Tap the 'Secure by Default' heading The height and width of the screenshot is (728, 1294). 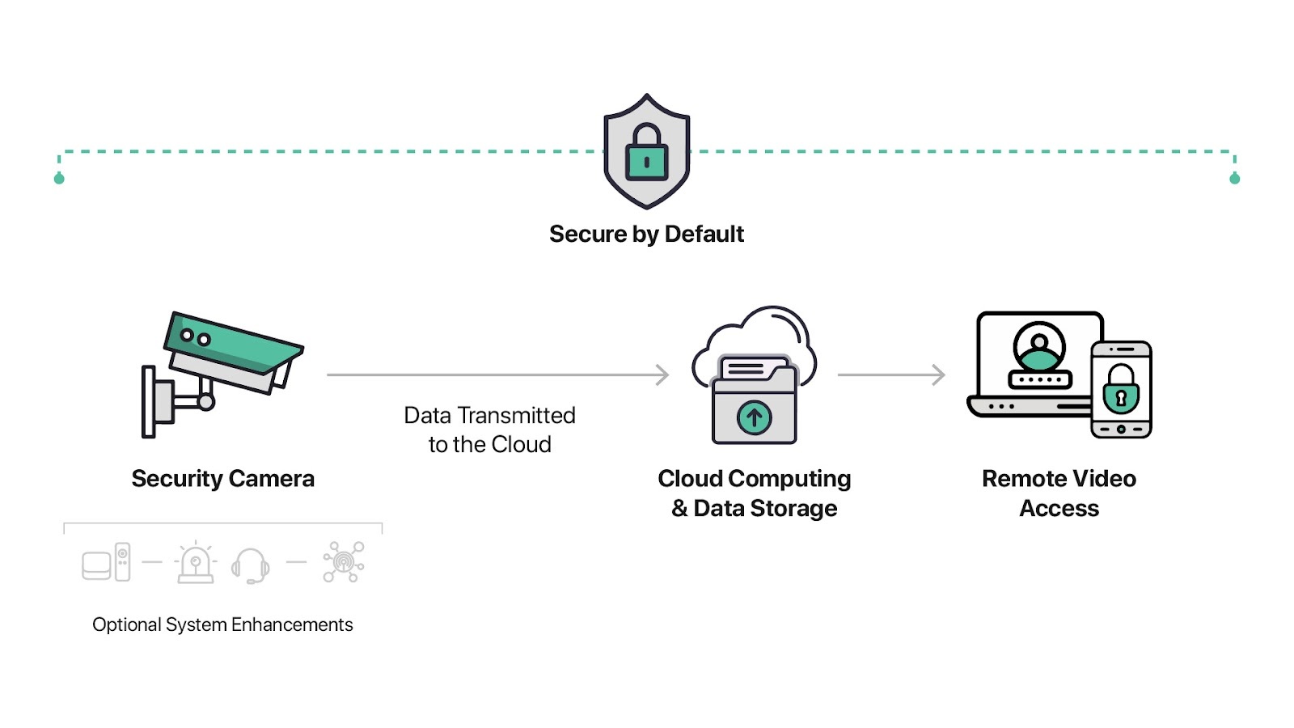pos(646,235)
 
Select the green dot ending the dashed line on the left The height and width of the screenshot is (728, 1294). pos(59,179)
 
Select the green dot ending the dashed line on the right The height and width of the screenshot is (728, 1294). pos(1234,179)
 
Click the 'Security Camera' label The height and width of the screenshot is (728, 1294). pos(223,479)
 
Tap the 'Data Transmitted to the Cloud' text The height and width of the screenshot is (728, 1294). pos(490,430)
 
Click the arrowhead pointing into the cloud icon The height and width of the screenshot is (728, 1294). pos(662,375)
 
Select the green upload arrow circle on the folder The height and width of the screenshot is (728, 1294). pos(754,417)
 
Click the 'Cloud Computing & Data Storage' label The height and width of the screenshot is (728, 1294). pos(755,493)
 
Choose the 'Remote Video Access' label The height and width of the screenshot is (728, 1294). pos(1059,493)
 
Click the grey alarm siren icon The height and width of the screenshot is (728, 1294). pos(196,562)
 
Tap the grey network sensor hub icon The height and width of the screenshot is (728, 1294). pos(344,561)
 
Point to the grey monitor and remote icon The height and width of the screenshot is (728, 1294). pos(106,562)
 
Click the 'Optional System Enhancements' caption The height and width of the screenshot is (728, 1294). pos(222,624)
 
